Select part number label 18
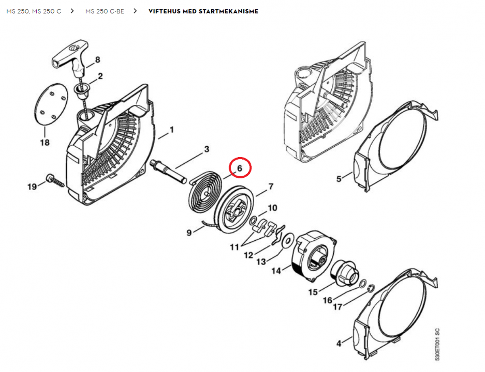[x=45, y=142]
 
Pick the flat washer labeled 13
[x=288, y=239]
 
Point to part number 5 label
[x=339, y=179]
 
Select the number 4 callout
[x=339, y=343]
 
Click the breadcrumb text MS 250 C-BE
[x=105, y=11]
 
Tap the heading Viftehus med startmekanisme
[x=203, y=11]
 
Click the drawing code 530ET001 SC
[x=437, y=343]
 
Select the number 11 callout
[x=234, y=247]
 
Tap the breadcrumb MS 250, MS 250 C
[x=34, y=11]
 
